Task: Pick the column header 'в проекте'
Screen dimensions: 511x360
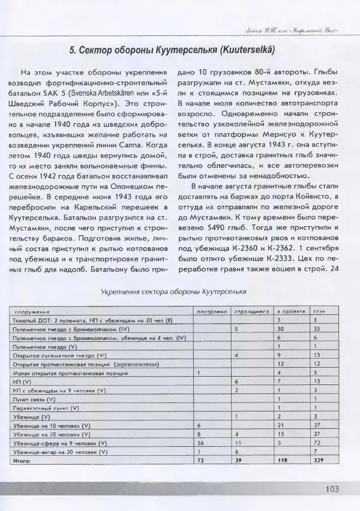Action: pyautogui.click(x=290, y=312)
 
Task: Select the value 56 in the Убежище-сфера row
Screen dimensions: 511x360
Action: pyautogui.click(x=202, y=442)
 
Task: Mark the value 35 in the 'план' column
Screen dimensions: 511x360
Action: pyautogui.click(x=319, y=329)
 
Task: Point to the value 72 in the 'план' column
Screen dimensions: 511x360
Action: pyautogui.click(x=319, y=442)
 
